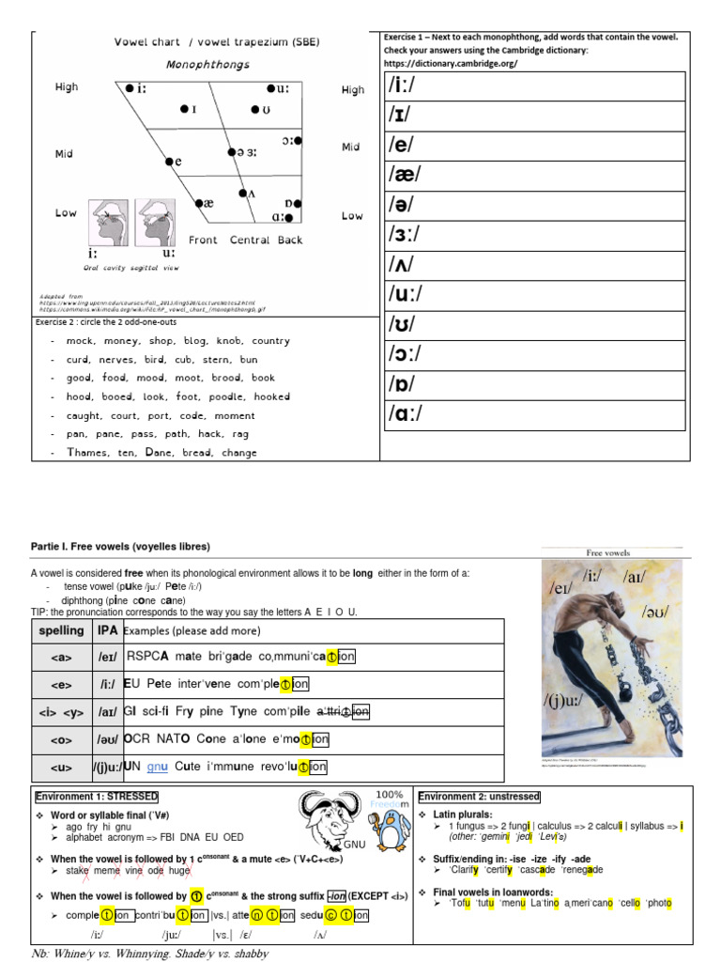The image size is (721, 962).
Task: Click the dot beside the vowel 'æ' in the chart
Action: coord(199,203)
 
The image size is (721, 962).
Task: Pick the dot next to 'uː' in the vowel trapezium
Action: coord(270,88)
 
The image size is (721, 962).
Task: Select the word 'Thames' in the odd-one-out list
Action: coord(86,452)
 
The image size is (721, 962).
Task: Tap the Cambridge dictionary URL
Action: coord(451,64)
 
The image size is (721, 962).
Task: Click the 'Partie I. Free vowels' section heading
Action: coord(121,547)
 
